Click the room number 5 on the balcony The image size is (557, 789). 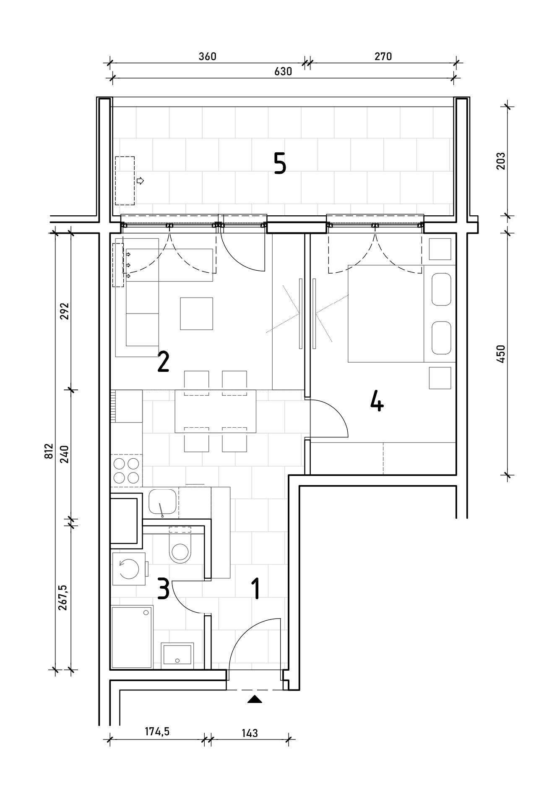pyautogui.click(x=280, y=163)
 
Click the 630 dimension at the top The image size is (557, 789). pyautogui.click(x=283, y=71)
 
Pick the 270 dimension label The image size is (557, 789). pyautogui.click(x=383, y=56)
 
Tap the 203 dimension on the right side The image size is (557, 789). pyautogui.click(x=501, y=161)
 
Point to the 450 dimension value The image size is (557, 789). pyautogui.click(x=501, y=353)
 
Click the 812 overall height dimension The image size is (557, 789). pyautogui.click(x=49, y=451)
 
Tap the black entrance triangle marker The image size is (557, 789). pyautogui.click(x=255, y=699)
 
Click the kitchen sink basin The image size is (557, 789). pyautogui.click(x=162, y=502)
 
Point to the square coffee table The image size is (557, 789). pyautogui.click(x=196, y=314)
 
